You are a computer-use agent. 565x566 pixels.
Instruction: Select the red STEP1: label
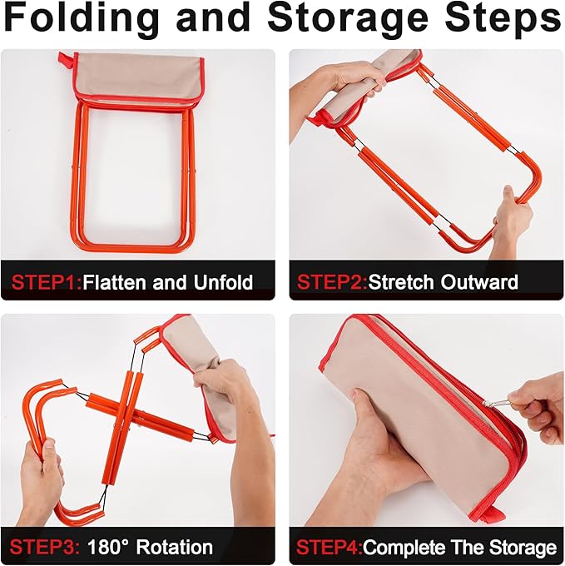click(x=47, y=282)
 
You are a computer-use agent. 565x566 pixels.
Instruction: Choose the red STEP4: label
click(x=330, y=548)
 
